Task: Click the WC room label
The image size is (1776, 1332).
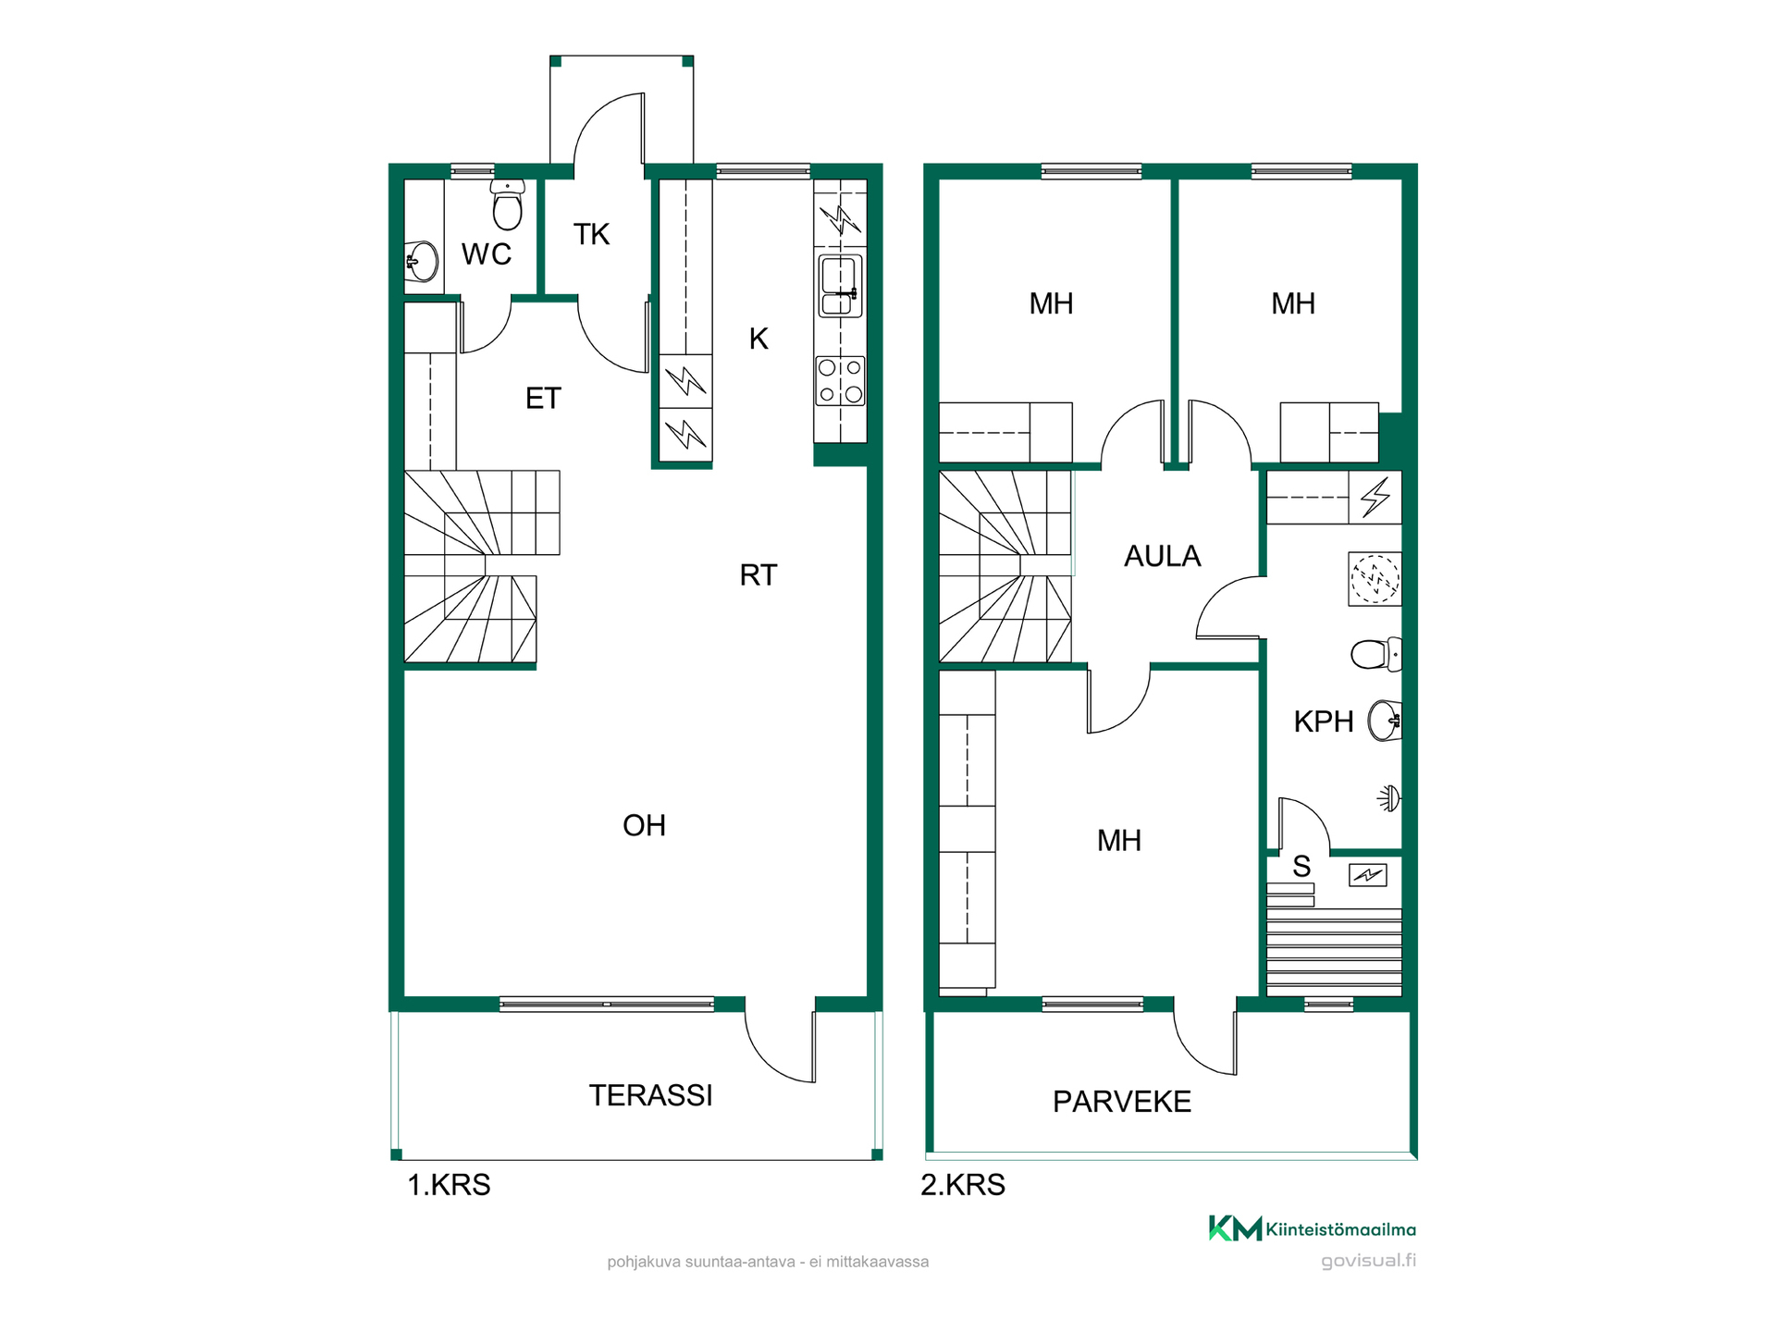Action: coord(487,253)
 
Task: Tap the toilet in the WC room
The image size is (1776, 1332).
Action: coord(507,204)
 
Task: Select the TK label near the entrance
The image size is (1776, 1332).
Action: coord(591,234)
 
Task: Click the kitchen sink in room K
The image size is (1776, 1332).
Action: coord(840,286)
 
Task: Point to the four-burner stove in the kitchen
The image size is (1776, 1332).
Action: coord(840,381)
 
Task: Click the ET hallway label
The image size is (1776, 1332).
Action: coord(543,399)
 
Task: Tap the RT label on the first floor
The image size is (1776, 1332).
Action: coord(758,575)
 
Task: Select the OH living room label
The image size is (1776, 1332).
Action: coord(644,825)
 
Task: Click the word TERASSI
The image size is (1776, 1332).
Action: coord(650,1095)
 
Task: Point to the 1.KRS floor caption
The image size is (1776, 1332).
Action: coord(449,1185)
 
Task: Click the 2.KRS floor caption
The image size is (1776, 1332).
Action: coord(962,1185)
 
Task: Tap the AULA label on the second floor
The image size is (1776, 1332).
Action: coord(1162,556)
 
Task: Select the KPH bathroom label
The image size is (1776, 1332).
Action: coord(1323,721)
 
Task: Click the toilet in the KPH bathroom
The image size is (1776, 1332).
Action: coord(1376,654)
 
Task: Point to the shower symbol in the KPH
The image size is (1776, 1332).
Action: coord(1389,797)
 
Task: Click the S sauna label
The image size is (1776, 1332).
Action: coord(1301,867)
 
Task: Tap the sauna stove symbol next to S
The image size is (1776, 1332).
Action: coord(1368,874)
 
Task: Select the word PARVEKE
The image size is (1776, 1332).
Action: coord(1122,1102)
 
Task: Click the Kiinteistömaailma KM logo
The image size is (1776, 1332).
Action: coord(1312,1228)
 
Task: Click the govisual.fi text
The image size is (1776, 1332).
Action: coord(1368,1261)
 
